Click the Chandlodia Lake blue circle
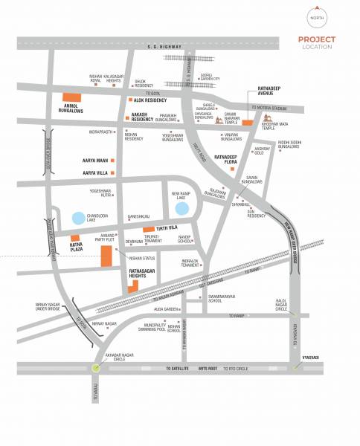pos(78,219)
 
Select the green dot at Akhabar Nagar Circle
pos(95,366)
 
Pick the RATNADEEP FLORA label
pos(230,159)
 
